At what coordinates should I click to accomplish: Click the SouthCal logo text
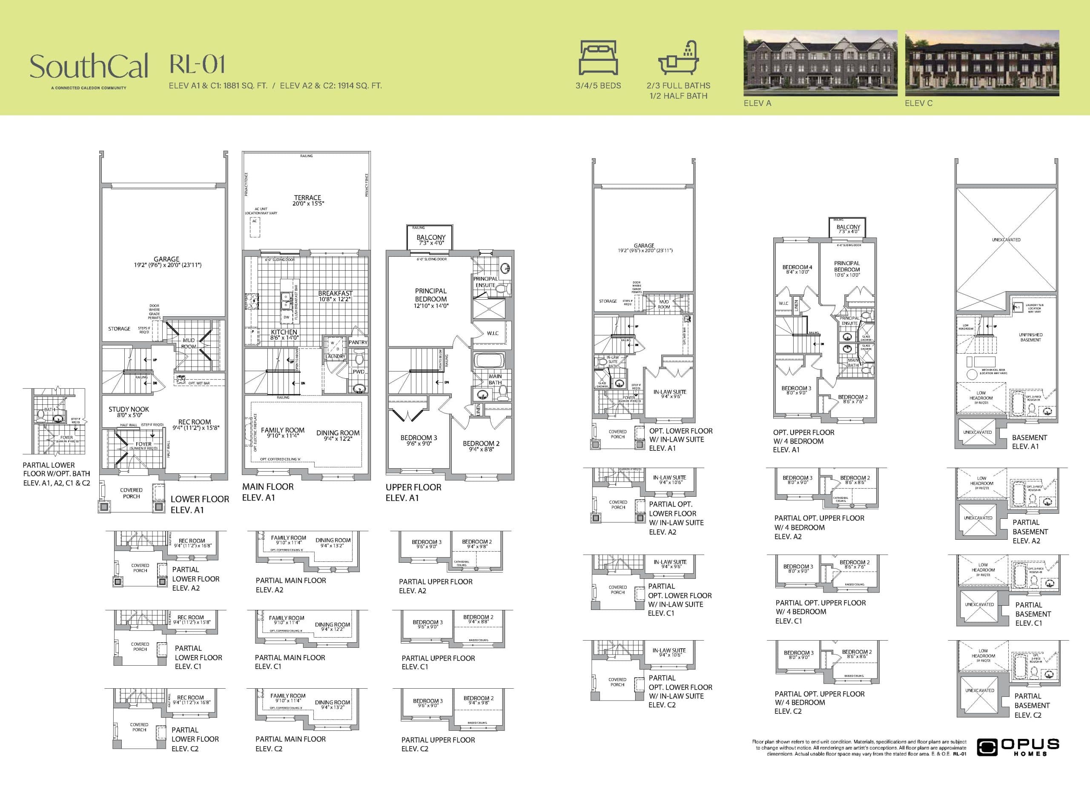click(89, 67)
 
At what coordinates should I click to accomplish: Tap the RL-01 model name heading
click(197, 64)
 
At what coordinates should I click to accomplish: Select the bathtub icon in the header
click(678, 58)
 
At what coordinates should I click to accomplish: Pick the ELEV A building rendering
click(820, 63)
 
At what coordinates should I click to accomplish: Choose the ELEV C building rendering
click(981, 63)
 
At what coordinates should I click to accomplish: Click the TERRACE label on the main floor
click(307, 198)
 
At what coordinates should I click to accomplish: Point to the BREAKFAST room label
click(335, 294)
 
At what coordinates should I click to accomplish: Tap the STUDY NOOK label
click(129, 410)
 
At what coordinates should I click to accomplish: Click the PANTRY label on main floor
click(358, 343)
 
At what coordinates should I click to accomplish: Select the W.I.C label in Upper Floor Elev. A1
click(493, 333)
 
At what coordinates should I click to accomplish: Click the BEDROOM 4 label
click(797, 268)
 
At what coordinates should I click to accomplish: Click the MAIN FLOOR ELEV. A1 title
click(268, 492)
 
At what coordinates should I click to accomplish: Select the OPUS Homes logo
click(1018, 747)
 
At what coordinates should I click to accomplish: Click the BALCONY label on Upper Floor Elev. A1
click(430, 238)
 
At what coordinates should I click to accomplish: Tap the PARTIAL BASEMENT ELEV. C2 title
click(1031, 705)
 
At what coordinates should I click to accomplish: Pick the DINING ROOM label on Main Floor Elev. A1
click(338, 433)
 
